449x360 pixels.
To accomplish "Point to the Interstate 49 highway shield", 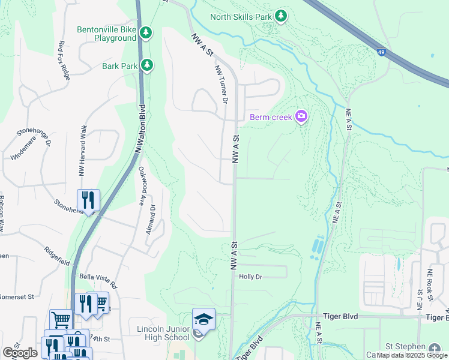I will click(381, 52).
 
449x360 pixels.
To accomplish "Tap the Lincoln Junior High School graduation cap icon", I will click(203, 319).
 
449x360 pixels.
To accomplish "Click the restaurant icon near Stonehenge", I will click(88, 200).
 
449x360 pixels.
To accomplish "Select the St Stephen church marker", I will click(435, 347).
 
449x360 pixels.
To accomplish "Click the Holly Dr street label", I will click(251, 277).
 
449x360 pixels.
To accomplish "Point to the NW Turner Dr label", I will click(221, 85).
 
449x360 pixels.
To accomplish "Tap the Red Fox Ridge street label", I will click(64, 60).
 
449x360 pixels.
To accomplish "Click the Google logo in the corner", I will click(20, 353).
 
